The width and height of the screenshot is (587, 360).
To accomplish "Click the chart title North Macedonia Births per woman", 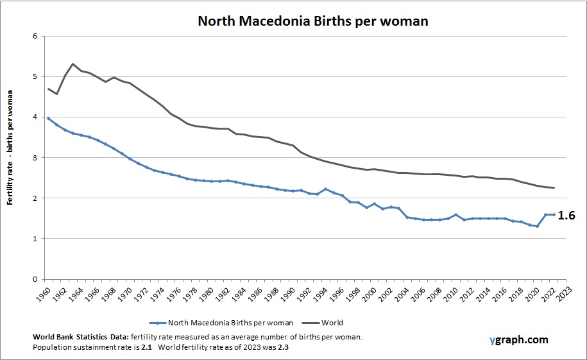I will point(312,21).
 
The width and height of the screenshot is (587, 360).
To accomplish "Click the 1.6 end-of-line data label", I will point(566,216).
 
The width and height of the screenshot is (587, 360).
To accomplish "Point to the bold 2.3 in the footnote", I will point(278,347).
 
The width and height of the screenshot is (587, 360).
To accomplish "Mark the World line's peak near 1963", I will point(73,64).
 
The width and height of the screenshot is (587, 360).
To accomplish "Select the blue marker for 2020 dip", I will point(537,226).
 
